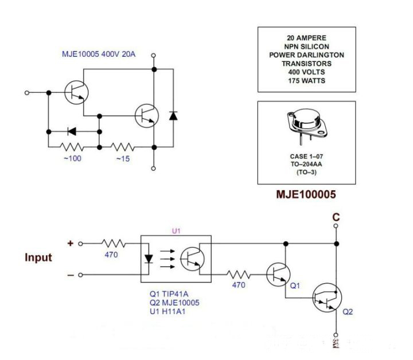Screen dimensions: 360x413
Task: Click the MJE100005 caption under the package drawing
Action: [x=306, y=195]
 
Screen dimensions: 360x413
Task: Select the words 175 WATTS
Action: [x=306, y=81]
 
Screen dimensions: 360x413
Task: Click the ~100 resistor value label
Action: [x=72, y=158]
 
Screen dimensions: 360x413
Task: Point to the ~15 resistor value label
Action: [x=123, y=158]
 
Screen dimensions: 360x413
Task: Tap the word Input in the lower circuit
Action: [x=38, y=257]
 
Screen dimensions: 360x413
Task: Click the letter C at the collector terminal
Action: [x=336, y=217]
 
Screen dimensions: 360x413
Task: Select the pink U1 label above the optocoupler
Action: [x=176, y=230]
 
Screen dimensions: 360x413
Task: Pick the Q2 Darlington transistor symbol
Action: [x=326, y=298]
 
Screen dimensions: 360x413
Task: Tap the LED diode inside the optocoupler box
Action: [x=150, y=258]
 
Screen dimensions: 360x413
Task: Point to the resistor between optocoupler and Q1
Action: [x=239, y=275]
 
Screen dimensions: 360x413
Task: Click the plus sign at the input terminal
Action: [x=71, y=243]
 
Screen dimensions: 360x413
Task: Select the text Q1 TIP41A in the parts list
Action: [x=169, y=294]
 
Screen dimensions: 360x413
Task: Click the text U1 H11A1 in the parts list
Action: [x=167, y=311]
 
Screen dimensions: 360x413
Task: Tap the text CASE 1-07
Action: [x=306, y=156]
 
